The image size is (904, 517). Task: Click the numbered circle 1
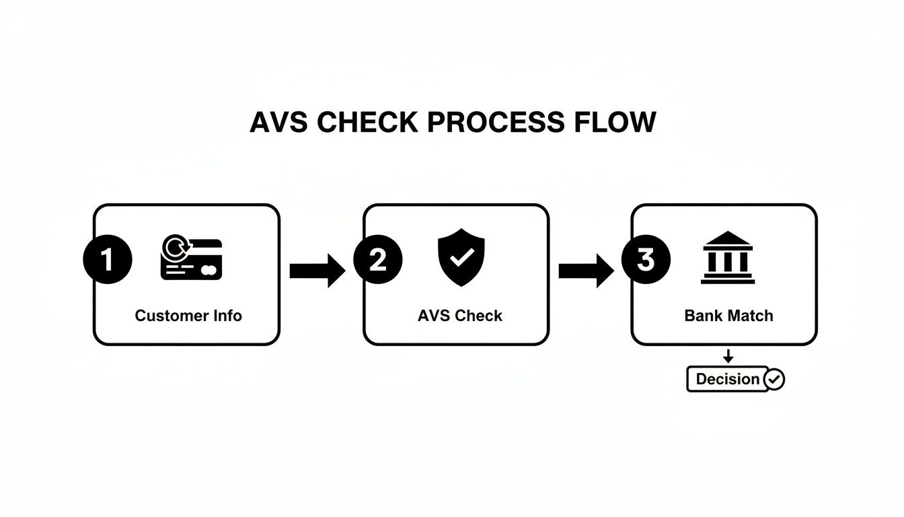coord(108,260)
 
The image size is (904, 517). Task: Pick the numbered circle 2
coord(378,260)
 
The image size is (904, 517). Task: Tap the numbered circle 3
coord(646,259)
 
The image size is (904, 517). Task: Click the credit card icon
coord(192,260)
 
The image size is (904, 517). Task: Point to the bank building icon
coord(727,258)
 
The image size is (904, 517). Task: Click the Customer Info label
coord(188,316)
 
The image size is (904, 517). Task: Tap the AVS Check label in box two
coord(460,316)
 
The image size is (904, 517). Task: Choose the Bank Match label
coord(728,316)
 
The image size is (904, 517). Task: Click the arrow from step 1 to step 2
coord(317,271)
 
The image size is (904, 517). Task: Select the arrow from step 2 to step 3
coord(586,271)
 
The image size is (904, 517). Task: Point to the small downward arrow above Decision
coord(728,357)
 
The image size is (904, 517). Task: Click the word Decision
coord(728,379)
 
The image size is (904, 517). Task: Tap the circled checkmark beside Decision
coord(775,380)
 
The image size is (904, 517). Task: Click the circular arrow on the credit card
coord(177,248)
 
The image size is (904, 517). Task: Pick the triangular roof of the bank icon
coord(727,239)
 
